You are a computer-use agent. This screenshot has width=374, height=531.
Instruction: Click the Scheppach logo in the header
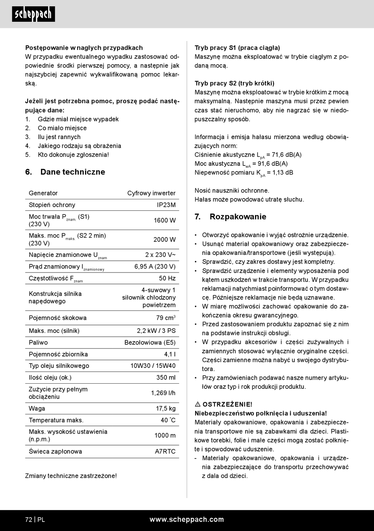click(x=33, y=14)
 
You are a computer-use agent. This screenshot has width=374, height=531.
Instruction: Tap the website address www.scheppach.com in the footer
click(x=187, y=519)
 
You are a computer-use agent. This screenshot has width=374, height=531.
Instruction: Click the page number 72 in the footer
click(x=29, y=520)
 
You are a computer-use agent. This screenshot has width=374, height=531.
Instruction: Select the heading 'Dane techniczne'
click(x=72, y=172)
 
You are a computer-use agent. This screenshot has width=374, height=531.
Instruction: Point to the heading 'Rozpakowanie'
click(x=238, y=217)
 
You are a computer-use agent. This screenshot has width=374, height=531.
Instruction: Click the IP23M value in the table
click(x=166, y=205)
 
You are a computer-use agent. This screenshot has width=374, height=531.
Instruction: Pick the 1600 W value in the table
click(x=165, y=220)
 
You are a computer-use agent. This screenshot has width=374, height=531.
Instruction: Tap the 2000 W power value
click(x=165, y=240)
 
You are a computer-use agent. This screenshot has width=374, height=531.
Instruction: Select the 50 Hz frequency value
click(x=167, y=278)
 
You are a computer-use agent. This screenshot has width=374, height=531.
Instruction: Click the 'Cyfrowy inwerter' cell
click(x=151, y=193)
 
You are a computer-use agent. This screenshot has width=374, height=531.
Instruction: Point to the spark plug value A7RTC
click(x=165, y=451)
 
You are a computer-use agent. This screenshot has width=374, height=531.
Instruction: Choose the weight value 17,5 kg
click(x=166, y=408)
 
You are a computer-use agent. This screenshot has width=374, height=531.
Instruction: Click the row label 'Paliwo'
click(x=38, y=342)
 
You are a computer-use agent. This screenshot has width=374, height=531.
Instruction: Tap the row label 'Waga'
click(x=37, y=408)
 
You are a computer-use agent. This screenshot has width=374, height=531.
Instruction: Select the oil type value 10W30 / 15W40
click(x=153, y=366)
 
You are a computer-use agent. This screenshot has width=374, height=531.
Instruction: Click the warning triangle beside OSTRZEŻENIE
click(x=198, y=405)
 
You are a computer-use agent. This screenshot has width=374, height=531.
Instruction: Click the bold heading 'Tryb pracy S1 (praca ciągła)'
click(x=237, y=48)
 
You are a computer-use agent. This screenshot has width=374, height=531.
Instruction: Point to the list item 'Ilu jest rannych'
click(x=59, y=137)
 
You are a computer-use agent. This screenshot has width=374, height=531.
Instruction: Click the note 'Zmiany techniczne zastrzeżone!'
click(x=71, y=476)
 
